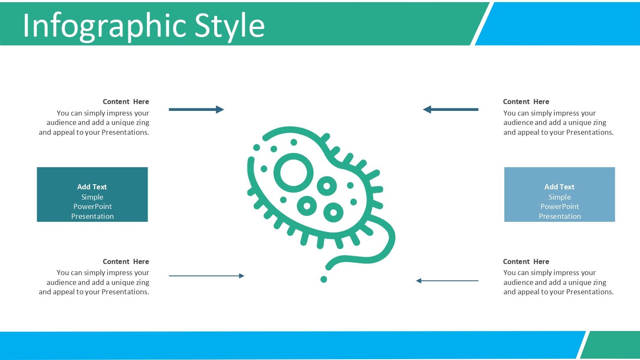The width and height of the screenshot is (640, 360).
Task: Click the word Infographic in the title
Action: pyautogui.click(x=105, y=26)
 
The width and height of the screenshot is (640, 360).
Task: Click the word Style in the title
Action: pyautogui.click(x=230, y=26)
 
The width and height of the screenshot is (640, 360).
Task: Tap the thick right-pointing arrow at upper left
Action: pyautogui.click(x=197, y=110)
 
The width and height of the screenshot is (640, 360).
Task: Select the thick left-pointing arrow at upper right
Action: pyautogui.click(x=451, y=110)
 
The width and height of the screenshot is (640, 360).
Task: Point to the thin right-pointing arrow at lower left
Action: pyautogui.click(x=207, y=276)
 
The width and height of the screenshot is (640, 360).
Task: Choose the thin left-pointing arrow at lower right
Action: pyautogui.click(x=447, y=281)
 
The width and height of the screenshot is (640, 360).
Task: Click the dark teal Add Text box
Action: pyautogui.click(x=92, y=194)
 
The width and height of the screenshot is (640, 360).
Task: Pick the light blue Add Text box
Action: pyautogui.click(x=559, y=194)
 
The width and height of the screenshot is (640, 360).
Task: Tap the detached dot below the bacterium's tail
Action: pyautogui.click(x=324, y=279)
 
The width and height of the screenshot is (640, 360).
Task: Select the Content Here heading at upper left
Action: pyautogui.click(x=126, y=102)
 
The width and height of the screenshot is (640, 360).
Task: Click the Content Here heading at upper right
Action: pyautogui.click(x=526, y=102)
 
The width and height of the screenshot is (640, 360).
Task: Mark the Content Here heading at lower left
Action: pyautogui.click(x=126, y=261)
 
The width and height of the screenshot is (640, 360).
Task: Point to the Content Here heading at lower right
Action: pyautogui.click(x=526, y=261)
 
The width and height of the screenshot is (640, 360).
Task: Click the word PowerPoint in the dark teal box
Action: pyautogui.click(x=93, y=206)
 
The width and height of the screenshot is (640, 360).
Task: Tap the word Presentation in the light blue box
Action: pyautogui.click(x=560, y=216)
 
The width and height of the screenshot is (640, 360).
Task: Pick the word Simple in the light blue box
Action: pyautogui.click(x=559, y=197)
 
